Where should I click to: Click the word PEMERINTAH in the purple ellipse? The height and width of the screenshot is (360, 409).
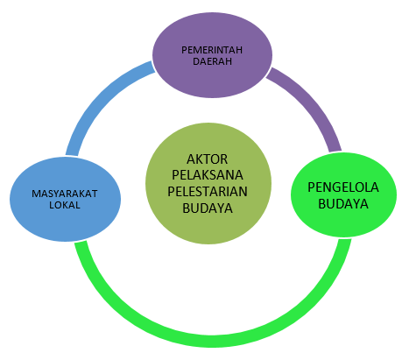pyautogui.click(x=212, y=50)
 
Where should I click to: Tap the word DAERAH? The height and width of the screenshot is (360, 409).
pyautogui.click(x=212, y=61)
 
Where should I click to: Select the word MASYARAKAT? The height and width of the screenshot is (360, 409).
pyautogui.click(x=65, y=194)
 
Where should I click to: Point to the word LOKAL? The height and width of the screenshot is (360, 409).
pyautogui.click(x=65, y=205)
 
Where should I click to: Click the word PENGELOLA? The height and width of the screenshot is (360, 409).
pyautogui.click(x=343, y=187)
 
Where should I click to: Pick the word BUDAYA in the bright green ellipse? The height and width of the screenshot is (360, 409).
pyautogui.click(x=343, y=204)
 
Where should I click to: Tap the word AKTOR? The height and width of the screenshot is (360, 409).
pyautogui.click(x=208, y=159)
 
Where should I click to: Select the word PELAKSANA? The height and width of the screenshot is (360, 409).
pyautogui.click(x=208, y=175)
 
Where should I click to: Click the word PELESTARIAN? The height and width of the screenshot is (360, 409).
pyautogui.click(x=208, y=192)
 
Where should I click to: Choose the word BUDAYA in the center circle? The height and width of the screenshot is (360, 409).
pyautogui.click(x=208, y=208)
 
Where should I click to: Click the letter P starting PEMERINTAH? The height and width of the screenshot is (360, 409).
pyautogui.click(x=184, y=50)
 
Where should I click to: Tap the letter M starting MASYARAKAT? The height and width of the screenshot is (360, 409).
pyautogui.click(x=35, y=194)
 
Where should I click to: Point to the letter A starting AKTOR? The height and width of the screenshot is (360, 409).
pyautogui.click(x=191, y=159)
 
